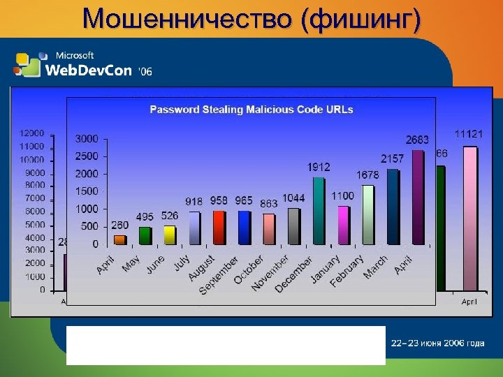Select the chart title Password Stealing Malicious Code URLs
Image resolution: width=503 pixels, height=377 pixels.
click(251, 109)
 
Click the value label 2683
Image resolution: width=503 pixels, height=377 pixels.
click(417, 140)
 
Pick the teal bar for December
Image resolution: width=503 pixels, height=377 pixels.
click(319, 210)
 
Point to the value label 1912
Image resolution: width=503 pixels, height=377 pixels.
click(319, 167)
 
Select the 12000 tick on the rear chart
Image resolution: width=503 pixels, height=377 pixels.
click(32, 133)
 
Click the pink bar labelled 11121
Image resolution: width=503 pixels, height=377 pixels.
click(470, 223)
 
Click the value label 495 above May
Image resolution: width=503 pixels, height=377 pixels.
click(145, 217)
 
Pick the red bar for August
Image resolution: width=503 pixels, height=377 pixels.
click(219, 227)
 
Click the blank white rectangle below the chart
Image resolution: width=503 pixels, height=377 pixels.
click(226, 345)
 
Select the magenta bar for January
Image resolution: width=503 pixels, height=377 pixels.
click(342, 225)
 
